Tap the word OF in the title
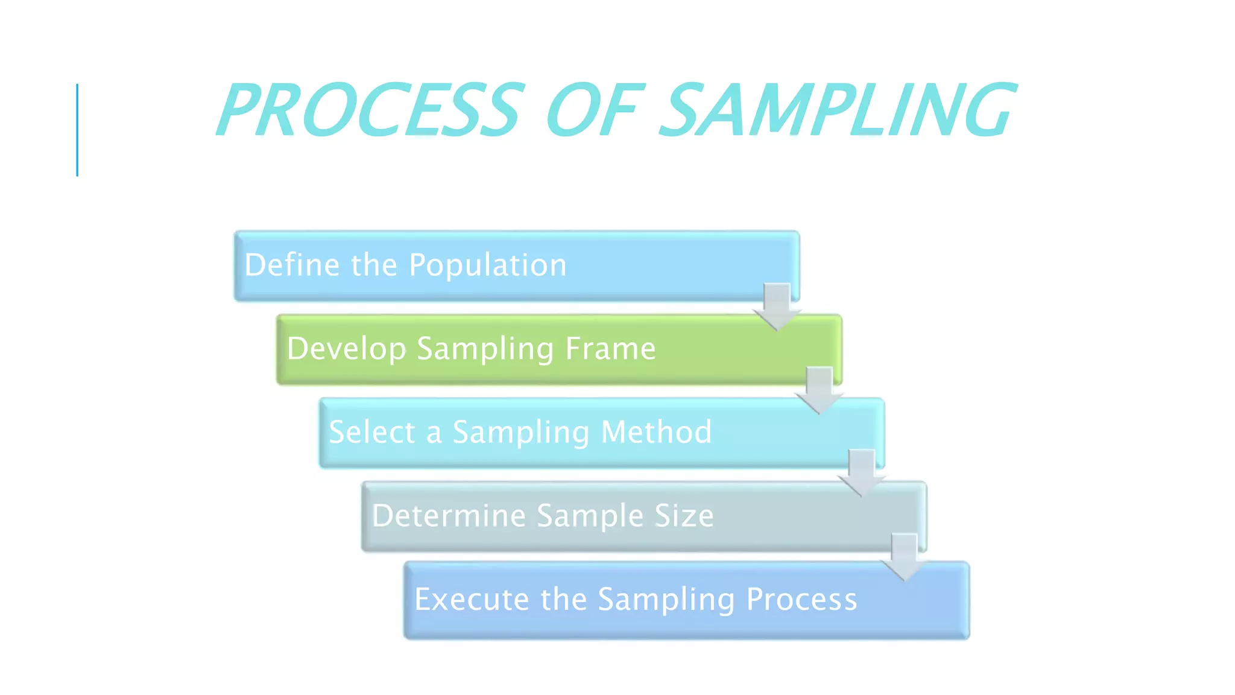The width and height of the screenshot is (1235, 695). coord(594,110)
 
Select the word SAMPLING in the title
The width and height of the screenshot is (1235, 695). coord(838,110)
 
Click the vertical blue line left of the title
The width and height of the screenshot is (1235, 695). coord(77,130)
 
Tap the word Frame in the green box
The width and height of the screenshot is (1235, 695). coord(610,349)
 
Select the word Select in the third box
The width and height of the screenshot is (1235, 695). coord(372,433)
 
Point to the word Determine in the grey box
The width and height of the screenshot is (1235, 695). coord(449,516)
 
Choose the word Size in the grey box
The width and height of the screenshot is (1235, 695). coord(684,516)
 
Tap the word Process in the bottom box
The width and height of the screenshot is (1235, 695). coord(801,600)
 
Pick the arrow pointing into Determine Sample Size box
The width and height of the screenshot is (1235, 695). coord(862,473)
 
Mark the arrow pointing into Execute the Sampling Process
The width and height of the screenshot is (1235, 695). coord(905,557)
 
